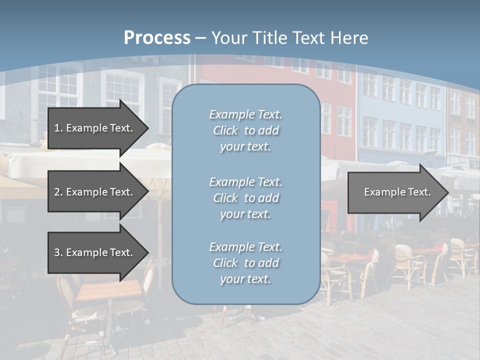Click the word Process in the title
point(157,37)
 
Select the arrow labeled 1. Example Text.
point(95,128)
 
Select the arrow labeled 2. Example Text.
point(95,192)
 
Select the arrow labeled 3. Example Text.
point(95,252)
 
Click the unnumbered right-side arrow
point(395,192)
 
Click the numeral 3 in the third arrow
point(56,252)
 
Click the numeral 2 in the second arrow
point(56,192)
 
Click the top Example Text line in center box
point(245,114)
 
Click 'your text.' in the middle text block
point(245,214)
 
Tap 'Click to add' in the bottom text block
point(245,263)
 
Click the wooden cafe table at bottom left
point(107,290)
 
